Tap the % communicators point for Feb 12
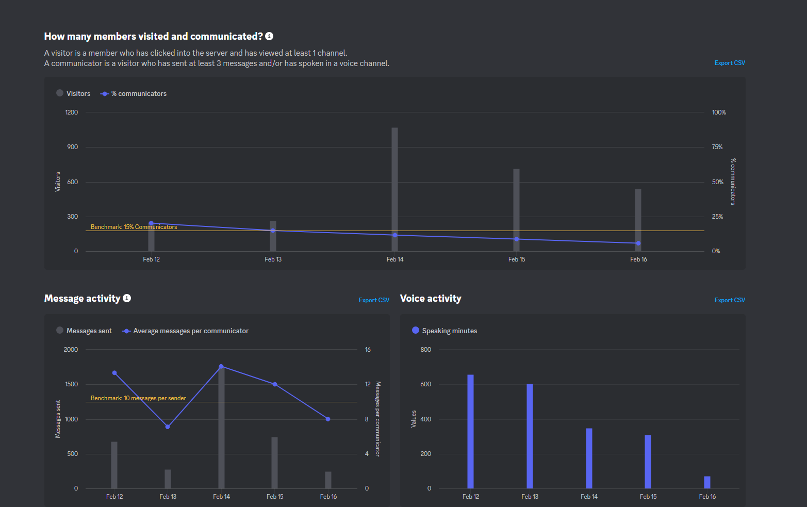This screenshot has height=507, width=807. (151, 223)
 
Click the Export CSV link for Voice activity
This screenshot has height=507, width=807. (730, 300)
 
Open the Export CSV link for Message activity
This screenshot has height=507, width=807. (374, 300)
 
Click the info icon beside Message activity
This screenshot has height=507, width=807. (127, 298)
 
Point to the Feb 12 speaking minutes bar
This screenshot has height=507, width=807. (470, 431)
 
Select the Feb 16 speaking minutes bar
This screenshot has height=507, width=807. (707, 482)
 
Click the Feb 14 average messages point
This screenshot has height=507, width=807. (221, 367)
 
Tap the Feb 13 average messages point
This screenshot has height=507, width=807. (168, 427)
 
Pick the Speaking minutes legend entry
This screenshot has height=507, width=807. (444, 331)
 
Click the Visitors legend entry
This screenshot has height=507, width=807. (73, 93)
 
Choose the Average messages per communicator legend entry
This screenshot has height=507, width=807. (185, 331)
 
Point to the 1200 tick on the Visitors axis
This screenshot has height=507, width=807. (72, 112)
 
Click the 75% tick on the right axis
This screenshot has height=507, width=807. (717, 147)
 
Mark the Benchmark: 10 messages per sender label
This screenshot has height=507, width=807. (138, 398)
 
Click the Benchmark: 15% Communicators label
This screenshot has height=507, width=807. (134, 227)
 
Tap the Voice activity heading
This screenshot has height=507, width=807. (431, 299)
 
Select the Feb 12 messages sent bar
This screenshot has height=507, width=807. (114, 465)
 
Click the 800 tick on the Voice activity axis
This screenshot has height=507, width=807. (425, 350)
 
